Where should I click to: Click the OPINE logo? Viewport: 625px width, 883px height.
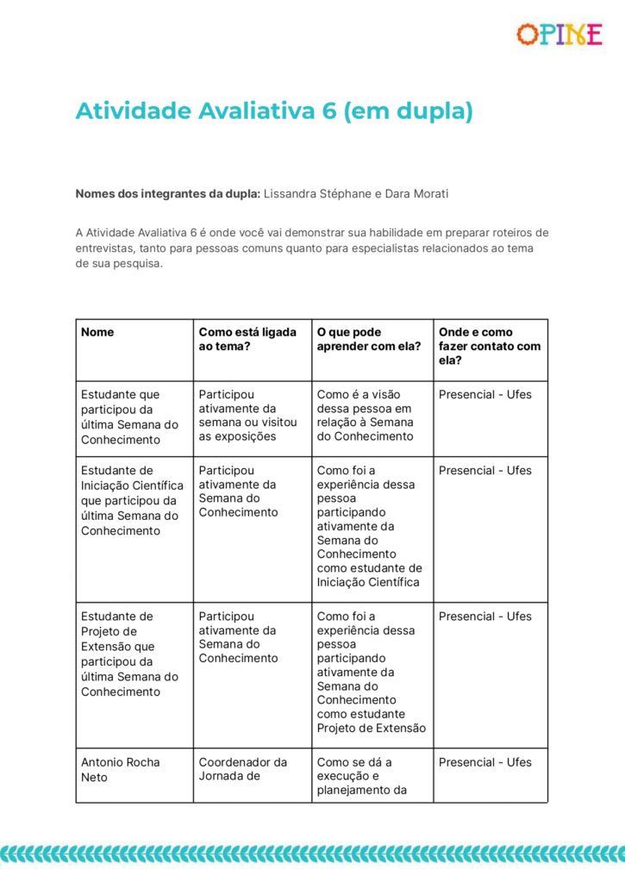(559, 34)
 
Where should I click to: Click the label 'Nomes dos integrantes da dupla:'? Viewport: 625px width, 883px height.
(167, 193)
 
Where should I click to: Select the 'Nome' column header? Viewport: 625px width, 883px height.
(97, 332)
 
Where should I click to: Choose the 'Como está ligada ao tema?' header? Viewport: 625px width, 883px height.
(247, 339)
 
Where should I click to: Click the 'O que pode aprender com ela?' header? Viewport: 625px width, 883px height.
(368, 339)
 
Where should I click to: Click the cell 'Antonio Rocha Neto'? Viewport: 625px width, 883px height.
(120, 769)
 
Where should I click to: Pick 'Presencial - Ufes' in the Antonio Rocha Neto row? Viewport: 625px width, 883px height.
(485, 762)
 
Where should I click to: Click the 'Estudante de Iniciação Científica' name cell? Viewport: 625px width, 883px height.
(132, 501)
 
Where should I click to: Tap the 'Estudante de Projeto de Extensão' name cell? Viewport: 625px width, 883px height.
(129, 654)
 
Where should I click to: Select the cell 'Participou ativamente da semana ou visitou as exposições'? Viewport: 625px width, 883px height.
(247, 416)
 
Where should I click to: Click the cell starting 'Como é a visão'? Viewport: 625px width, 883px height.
(365, 416)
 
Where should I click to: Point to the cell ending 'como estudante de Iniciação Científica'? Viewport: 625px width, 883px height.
(369, 526)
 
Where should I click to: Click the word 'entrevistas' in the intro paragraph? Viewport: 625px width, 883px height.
(106, 248)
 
